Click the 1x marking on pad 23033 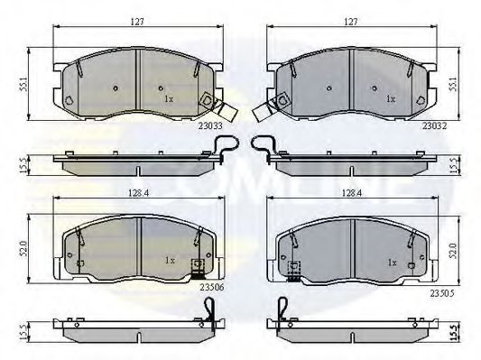coord(169,98)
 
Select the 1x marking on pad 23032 coord(391,98)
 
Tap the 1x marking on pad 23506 coord(169,261)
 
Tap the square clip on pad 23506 coord(194,266)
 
